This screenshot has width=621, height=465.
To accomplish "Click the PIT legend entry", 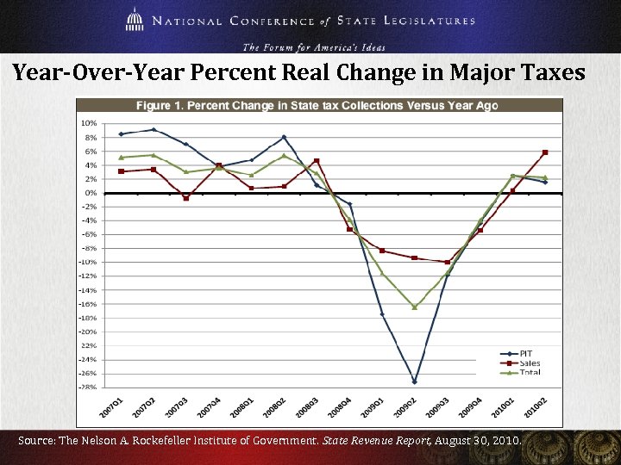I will (x=524, y=353).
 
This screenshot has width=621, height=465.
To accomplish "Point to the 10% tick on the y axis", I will (x=89, y=123).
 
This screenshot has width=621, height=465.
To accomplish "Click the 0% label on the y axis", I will (x=91, y=193).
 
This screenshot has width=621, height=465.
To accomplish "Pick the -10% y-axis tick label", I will (x=88, y=262).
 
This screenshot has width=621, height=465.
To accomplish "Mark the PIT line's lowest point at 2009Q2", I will (x=414, y=381).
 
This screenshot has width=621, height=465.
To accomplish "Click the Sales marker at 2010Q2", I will (x=544, y=152).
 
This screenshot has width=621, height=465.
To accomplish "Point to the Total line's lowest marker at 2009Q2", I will (x=414, y=307).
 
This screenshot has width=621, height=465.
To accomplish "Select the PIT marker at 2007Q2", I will (x=154, y=130).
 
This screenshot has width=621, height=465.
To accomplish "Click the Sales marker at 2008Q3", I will (x=317, y=161).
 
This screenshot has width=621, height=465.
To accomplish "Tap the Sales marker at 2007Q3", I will (x=185, y=198).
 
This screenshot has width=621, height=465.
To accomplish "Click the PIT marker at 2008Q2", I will (x=284, y=137).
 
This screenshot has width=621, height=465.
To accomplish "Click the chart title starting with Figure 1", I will (x=316, y=106).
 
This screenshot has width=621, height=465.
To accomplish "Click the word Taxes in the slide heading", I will (x=549, y=74).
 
